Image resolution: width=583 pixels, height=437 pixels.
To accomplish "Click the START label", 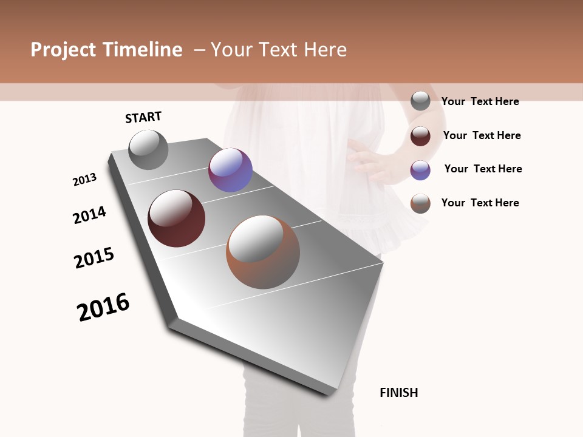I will [x=143, y=117].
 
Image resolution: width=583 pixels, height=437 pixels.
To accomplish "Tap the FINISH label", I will [x=398, y=393].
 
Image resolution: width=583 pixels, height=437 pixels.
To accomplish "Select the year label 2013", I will [x=84, y=180].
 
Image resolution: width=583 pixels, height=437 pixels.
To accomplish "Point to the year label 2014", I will [x=89, y=215].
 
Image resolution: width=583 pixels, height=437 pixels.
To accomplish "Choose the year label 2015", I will [x=94, y=258].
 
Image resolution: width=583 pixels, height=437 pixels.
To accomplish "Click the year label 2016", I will [x=103, y=307].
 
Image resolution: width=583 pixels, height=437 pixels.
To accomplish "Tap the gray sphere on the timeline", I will [x=148, y=149].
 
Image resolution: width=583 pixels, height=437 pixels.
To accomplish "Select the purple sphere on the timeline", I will [x=230, y=170].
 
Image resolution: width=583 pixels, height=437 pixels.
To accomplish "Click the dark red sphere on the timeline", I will [x=176, y=218].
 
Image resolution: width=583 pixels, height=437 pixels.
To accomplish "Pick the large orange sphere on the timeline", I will [x=263, y=252].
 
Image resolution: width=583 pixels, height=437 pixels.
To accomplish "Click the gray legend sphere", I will [x=420, y=101].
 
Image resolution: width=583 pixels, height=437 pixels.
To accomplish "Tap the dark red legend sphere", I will [x=420, y=136].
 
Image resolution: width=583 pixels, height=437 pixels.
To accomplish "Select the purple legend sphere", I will [x=420, y=170].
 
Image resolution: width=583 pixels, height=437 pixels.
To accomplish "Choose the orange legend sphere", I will [x=420, y=203].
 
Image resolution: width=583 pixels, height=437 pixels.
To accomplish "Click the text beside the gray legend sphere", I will [x=480, y=101].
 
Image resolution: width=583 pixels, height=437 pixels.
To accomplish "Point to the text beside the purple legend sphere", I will [x=483, y=169].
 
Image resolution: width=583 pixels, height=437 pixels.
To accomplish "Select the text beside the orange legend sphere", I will [x=480, y=203].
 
